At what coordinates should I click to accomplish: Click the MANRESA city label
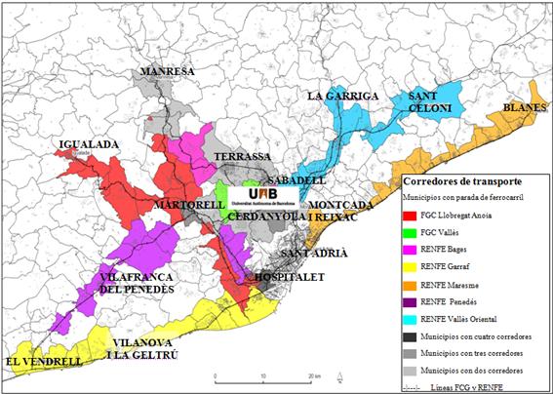[x=168, y=72]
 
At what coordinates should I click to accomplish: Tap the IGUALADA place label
[x=89, y=144]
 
